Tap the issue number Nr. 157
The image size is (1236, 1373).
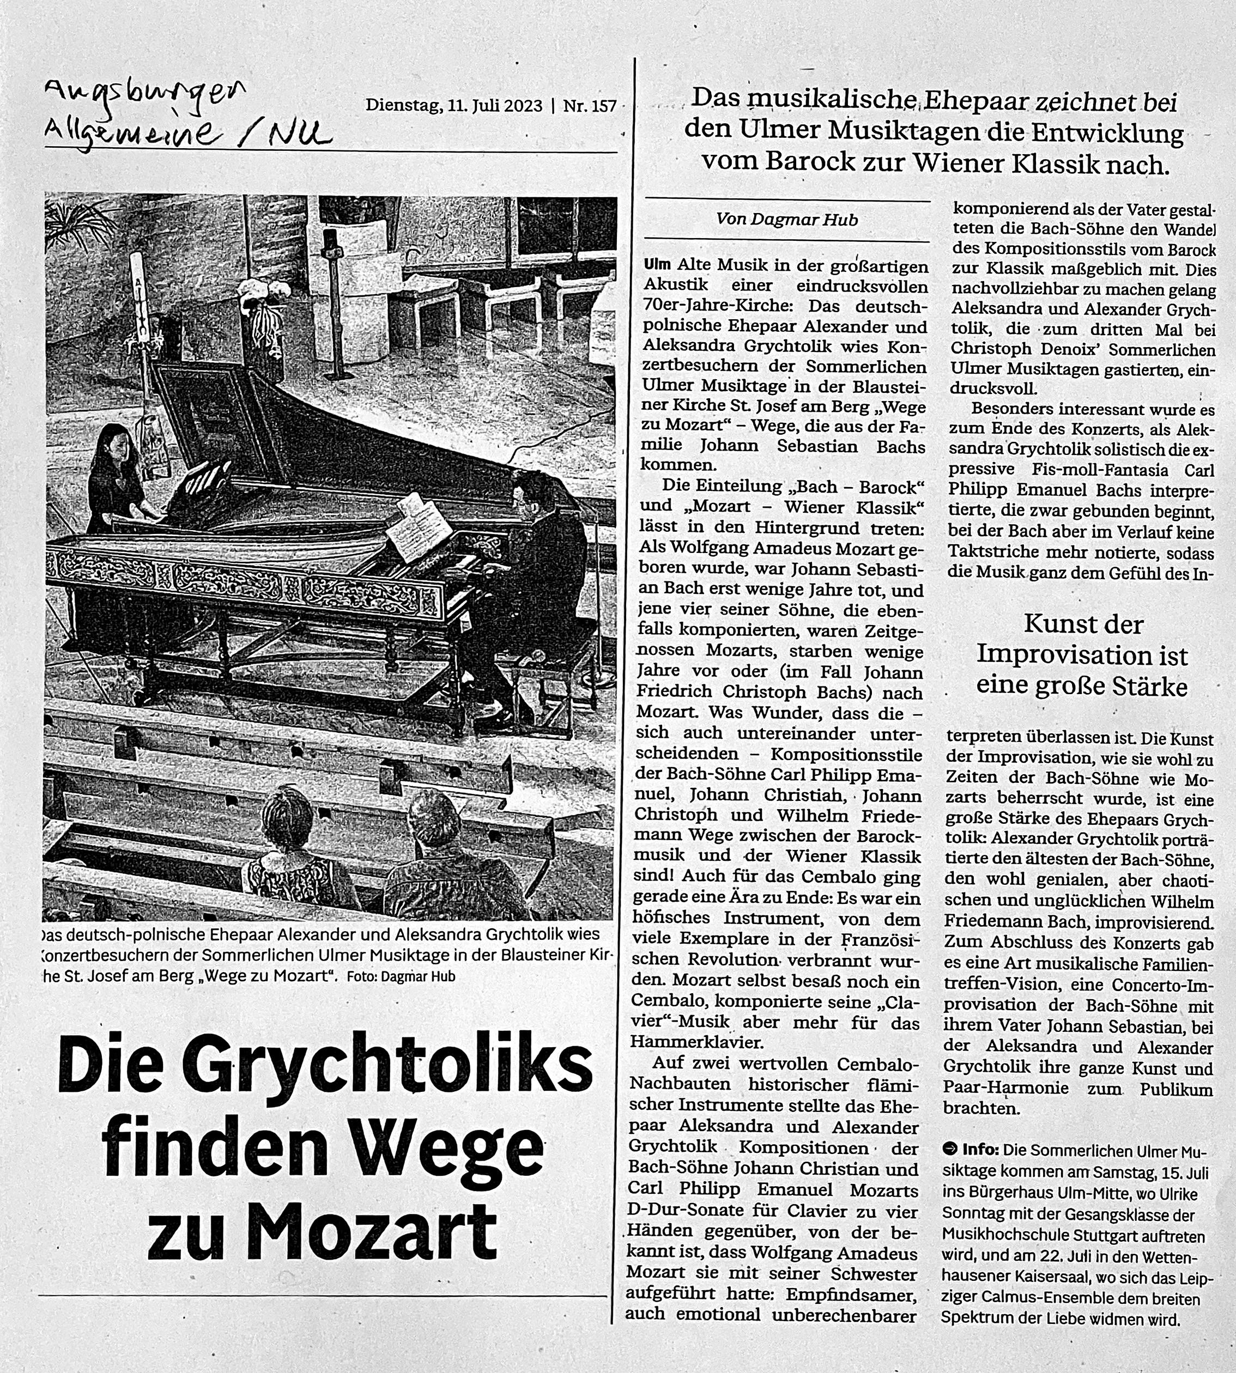coord(590,106)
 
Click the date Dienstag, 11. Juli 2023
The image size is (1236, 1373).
coord(453,106)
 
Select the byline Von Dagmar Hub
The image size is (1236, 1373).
coord(786,220)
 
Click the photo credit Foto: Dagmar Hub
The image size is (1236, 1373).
coord(401,976)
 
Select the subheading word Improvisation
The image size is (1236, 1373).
coord(1082,655)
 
